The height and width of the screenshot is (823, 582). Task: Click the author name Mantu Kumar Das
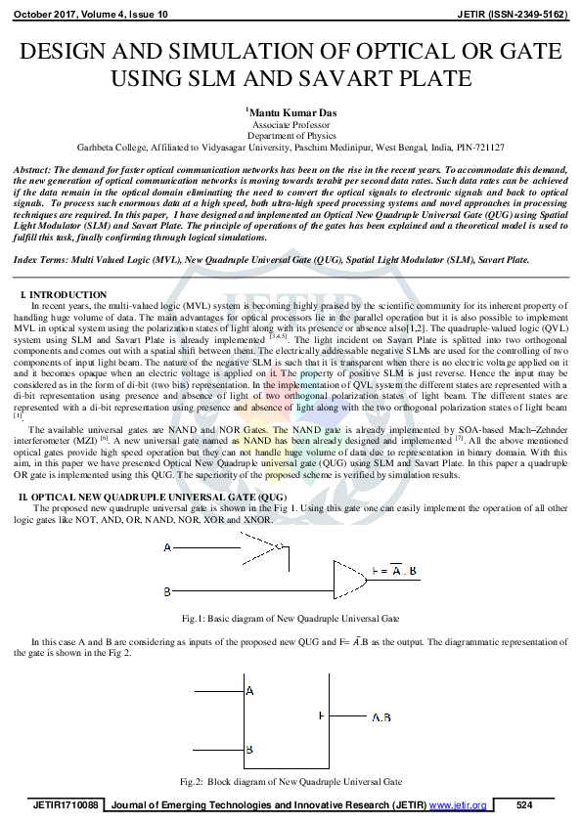[291, 113]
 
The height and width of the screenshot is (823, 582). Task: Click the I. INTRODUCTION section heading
[64, 294]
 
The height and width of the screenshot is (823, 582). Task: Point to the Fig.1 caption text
[291, 619]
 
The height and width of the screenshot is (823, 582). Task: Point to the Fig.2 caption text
[291, 782]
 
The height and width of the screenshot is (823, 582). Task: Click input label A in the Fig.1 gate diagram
[167, 548]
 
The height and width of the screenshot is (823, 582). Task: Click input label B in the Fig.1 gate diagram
[167, 591]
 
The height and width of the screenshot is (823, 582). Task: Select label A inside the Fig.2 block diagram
[249, 691]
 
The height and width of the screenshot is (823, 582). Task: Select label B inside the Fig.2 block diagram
[249, 749]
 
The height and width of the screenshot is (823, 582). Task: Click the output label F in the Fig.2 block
[321, 716]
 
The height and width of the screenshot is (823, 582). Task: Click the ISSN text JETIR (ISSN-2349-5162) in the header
[513, 16]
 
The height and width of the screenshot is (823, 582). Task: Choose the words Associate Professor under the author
[291, 126]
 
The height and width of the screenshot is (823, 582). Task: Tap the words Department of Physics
[291, 137]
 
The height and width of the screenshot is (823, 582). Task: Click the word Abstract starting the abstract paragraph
[31, 170]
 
